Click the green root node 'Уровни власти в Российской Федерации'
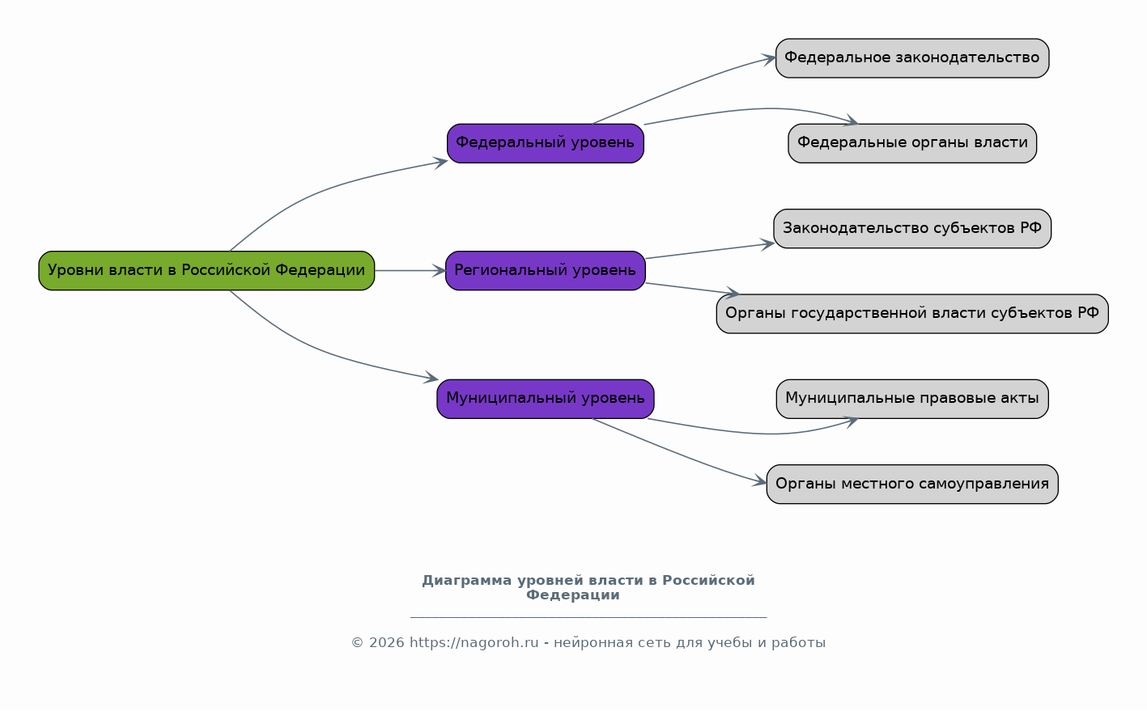coord(206,270)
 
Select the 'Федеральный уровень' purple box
coord(545,143)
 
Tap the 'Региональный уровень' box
coord(545,270)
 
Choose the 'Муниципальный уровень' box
coord(545,399)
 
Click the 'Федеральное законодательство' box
coord(911,58)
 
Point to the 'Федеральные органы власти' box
coord(911,143)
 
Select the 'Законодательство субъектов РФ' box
coord(911,228)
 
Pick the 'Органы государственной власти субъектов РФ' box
coord(911,314)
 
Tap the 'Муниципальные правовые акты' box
coord(911,399)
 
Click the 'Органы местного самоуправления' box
coord(911,484)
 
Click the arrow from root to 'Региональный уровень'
coord(410,270)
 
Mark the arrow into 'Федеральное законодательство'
coord(688,86)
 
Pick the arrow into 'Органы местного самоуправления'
coord(688,456)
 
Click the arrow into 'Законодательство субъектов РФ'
coord(709,251)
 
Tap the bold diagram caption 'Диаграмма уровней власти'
coord(588,581)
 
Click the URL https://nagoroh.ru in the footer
coord(474,643)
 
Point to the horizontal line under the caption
coord(588,617)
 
